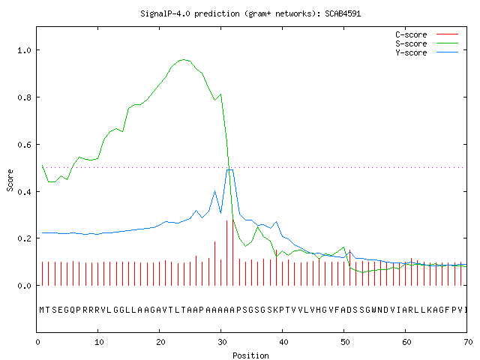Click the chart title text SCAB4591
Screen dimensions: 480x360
(343, 13)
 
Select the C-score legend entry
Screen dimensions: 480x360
(411, 34)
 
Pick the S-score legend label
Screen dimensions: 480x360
(411, 43)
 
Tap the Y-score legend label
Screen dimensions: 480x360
(411, 52)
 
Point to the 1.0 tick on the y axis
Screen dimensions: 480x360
(24, 50)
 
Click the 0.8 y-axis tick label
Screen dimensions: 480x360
(24, 97)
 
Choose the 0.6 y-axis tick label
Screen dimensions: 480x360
(24, 145)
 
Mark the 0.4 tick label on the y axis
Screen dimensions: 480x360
(24, 192)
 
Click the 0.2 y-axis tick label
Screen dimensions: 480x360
(24, 238)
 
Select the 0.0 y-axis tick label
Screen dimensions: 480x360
(24, 286)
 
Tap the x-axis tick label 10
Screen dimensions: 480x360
(99, 342)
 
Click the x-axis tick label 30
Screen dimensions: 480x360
(222, 342)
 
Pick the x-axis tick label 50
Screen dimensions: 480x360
(345, 342)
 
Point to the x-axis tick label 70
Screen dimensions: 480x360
(468, 342)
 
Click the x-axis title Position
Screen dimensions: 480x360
(250, 355)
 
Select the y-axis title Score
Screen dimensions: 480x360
(10, 180)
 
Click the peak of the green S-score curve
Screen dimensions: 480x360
(183, 59)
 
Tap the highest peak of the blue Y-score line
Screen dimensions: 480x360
(230, 169)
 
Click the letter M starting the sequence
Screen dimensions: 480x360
(42, 310)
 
